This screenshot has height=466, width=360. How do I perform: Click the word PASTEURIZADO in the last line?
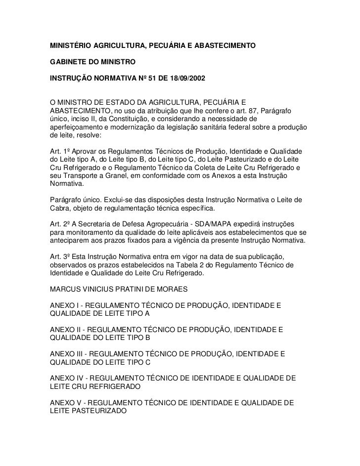pos(98,411)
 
